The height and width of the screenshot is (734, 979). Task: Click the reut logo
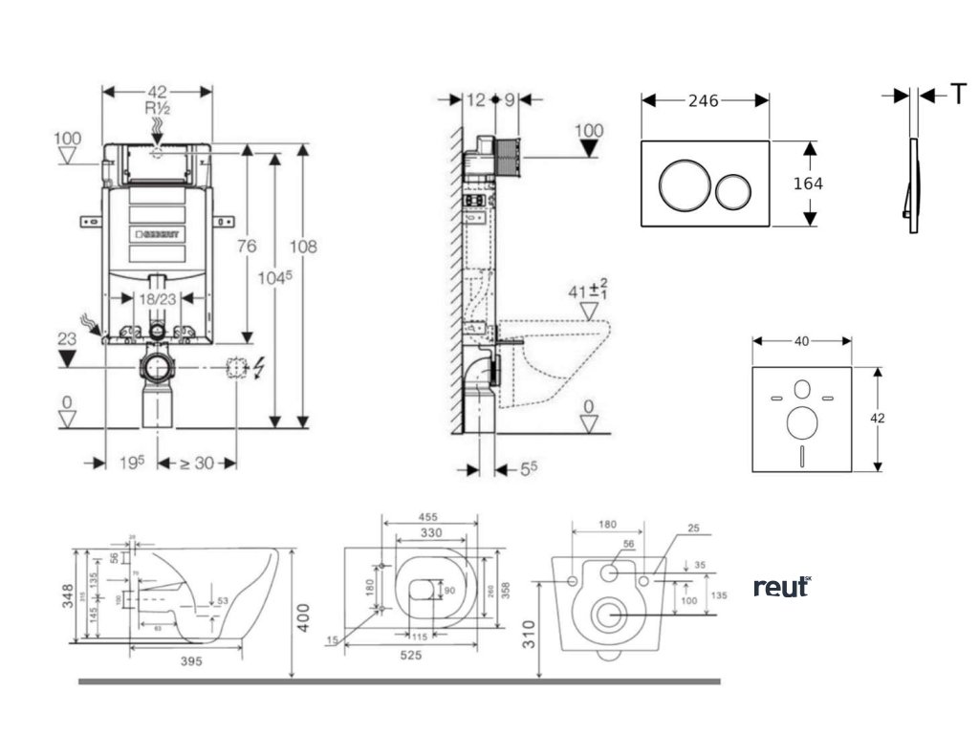click(782, 587)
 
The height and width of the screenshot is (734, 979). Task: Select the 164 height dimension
click(807, 183)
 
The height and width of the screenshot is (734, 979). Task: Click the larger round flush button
click(683, 184)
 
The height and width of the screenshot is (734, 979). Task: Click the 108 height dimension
click(304, 247)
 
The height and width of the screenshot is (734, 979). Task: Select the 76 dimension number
click(247, 247)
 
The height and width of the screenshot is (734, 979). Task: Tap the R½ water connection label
click(158, 109)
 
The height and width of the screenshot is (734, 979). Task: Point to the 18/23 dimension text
click(158, 299)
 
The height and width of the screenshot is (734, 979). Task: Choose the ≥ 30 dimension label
click(198, 464)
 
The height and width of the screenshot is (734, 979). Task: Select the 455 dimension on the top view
click(429, 519)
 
